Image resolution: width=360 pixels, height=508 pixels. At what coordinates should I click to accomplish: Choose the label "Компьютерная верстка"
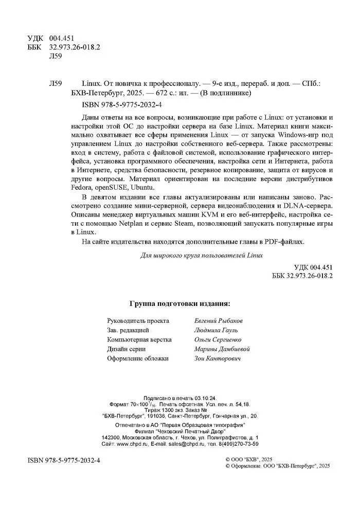pos(139,339)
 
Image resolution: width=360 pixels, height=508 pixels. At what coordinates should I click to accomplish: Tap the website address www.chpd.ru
pos(135,444)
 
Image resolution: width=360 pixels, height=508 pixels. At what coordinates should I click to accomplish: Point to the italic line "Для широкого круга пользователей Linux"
pos(202,255)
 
